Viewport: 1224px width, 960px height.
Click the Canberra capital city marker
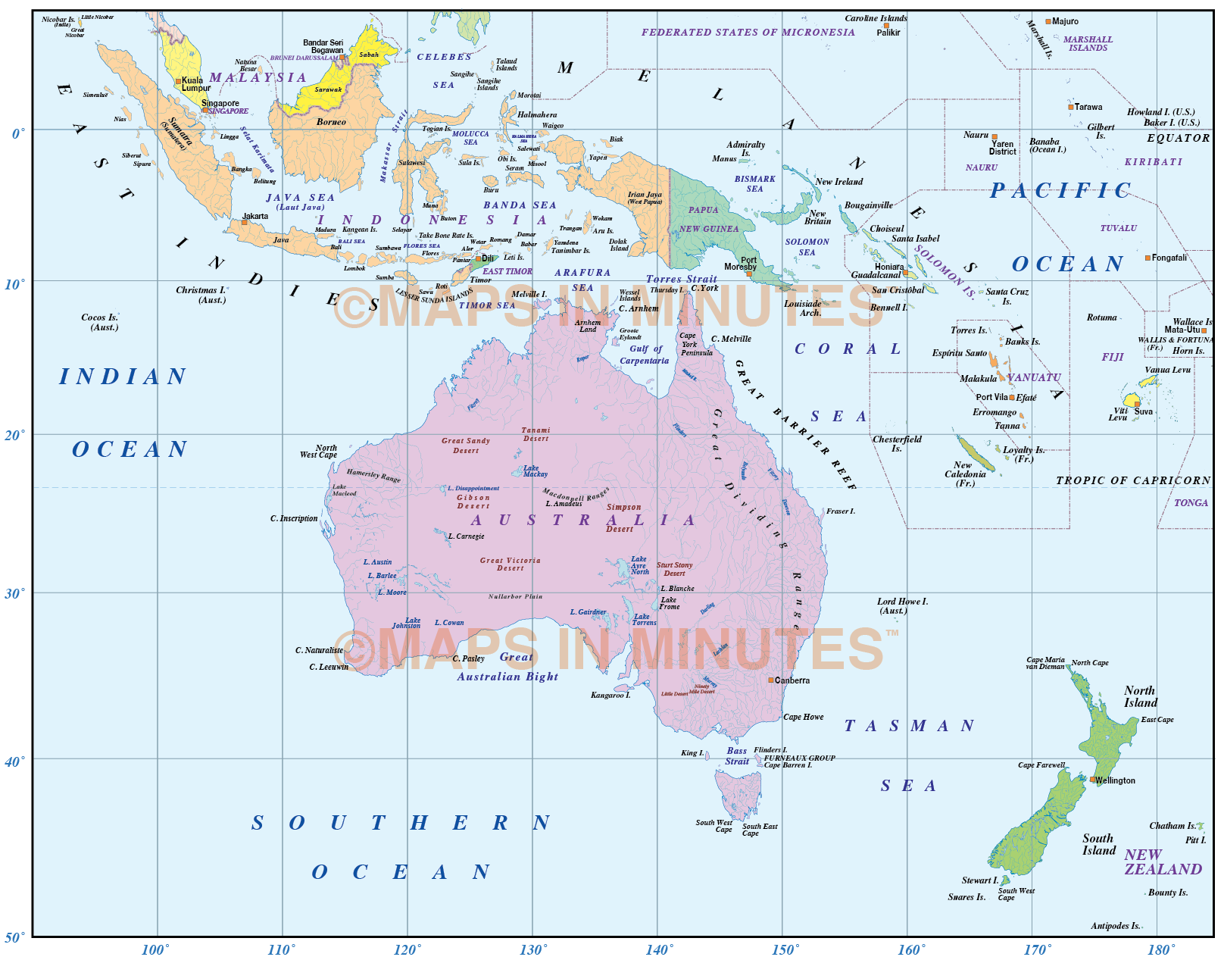click(x=771, y=680)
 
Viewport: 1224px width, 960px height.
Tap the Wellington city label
click(x=1115, y=780)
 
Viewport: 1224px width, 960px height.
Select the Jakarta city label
click(x=255, y=216)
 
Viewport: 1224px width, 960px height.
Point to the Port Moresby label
click(x=741, y=263)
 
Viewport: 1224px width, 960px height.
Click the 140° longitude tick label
click(x=659, y=950)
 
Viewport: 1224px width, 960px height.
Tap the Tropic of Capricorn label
click(x=1133, y=480)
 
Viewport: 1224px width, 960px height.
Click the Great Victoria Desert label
click(x=510, y=564)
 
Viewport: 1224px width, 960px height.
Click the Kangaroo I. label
click(x=610, y=695)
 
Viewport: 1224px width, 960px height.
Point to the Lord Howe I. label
click(x=901, y=605)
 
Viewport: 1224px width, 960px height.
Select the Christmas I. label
click(x=201, y=294)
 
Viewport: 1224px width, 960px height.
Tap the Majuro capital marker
click(x=1048, y=22)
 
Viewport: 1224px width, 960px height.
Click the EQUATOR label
click(x=1178, y=138)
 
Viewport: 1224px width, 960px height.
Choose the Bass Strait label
click(x=737, y=756)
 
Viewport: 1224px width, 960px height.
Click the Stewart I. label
click(x=980, y=880)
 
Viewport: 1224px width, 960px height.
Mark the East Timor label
click(x=507, y=271)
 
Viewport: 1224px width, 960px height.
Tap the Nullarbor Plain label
click(x=515, y=596)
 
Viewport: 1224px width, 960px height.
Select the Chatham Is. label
click(x=1172, y=826)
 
